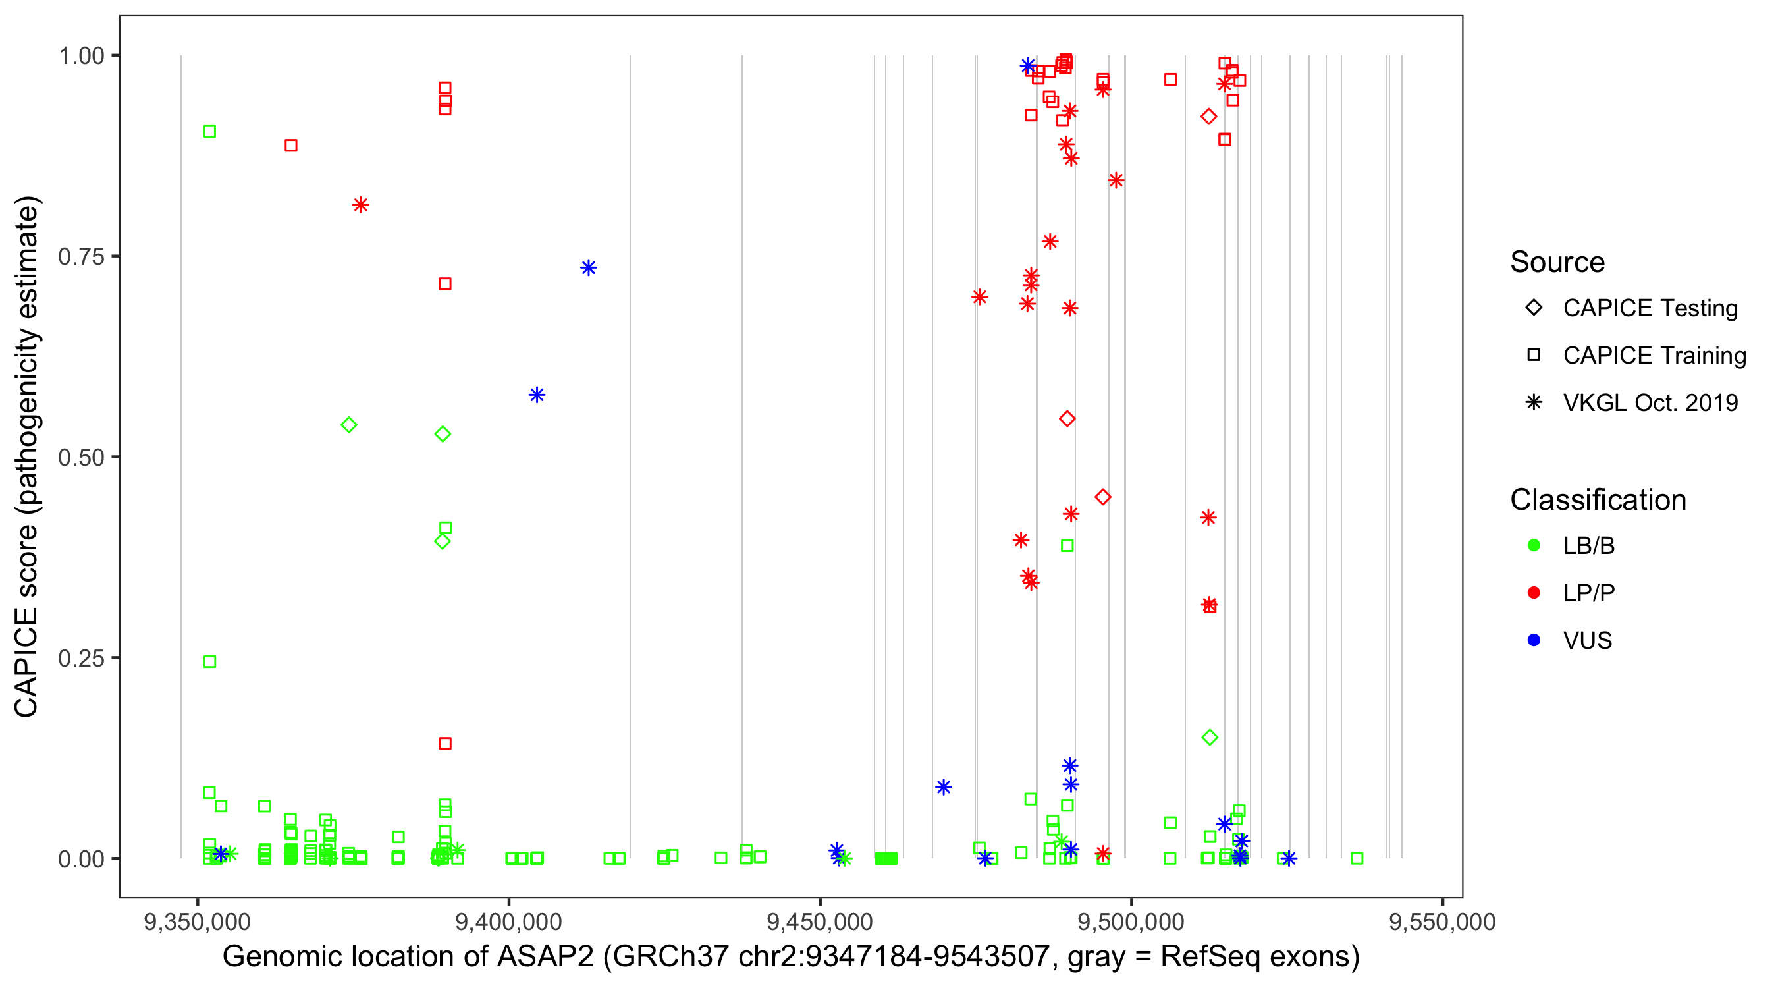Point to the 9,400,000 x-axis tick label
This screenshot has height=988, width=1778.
[x=508, y=921]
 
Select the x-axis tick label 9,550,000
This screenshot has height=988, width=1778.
[x=1442, y=921]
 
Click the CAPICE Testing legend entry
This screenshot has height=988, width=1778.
[x=1650, y=308]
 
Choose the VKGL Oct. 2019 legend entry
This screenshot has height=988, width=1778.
[x=1650, y=402]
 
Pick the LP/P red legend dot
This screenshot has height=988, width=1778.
[x=1534, y=593]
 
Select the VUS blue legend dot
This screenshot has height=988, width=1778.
[x=1534, y=640]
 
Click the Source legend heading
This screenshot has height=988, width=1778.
[x=1557, y=262]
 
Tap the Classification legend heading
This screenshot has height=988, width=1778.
[x=1598, y=500]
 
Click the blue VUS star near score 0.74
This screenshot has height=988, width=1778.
[x=588, y=268]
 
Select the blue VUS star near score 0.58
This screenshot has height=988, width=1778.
[x=537, y=395]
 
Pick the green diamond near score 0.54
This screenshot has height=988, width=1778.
[x=349, y=425]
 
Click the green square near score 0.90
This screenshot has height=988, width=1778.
[x=210, y=131]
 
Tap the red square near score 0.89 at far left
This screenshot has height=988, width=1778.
[x=291, y=146]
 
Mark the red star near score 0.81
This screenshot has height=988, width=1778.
[x=360, y=205]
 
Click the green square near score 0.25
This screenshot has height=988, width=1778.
[x=210, y=662]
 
